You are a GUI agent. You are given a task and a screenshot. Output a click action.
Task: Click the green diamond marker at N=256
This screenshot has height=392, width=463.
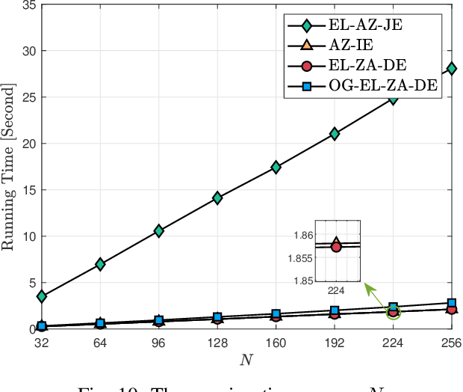452,69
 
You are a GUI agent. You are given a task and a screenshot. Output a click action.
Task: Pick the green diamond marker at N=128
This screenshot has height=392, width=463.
217,197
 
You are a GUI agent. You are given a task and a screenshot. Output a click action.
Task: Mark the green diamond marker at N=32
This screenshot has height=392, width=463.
41,296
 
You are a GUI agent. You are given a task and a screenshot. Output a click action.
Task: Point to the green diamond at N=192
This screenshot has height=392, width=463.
335,134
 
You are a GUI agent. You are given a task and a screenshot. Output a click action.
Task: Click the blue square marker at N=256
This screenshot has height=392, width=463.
452,303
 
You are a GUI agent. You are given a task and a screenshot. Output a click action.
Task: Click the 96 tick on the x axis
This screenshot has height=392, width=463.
158,340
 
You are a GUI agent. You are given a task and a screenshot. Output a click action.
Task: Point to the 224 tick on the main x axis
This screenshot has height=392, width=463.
393,340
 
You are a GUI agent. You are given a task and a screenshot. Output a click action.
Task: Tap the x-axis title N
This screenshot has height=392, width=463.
246,360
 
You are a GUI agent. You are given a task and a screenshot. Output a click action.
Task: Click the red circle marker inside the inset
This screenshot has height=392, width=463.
336,246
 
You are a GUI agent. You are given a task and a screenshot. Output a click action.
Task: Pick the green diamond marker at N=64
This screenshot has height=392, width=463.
100,264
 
